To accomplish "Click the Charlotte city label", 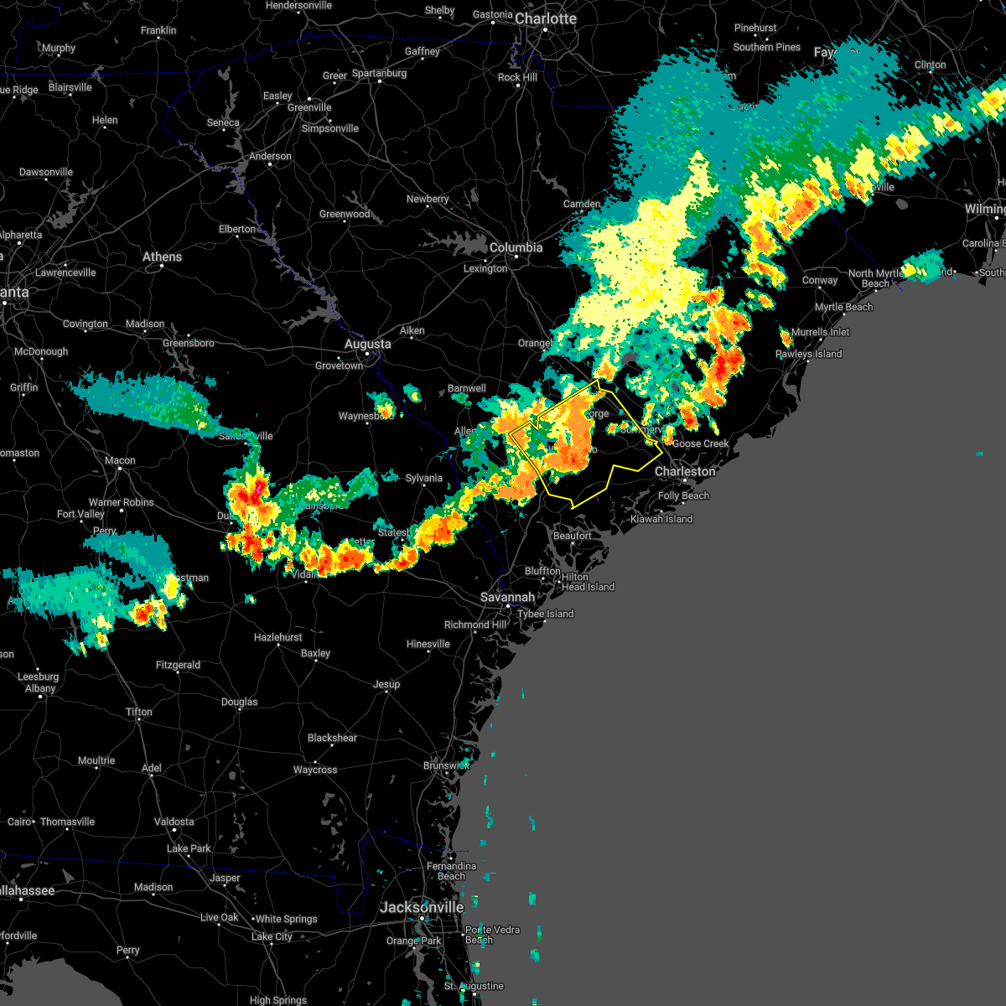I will tap(546, 18).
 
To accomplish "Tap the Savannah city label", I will tap(507, 597).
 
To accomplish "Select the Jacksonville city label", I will tap(422, 907).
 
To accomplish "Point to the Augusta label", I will tap(368, 344).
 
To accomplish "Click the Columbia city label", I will tap(516, 247).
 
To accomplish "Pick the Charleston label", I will tap(685, 471).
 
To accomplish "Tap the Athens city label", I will tap(162, 257).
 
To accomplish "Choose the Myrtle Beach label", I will tap(843, 307).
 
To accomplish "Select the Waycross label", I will tap(315, 770).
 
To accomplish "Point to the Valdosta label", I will tap(174, 822).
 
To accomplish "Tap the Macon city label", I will tap(120, 460).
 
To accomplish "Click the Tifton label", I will tap(139, 712).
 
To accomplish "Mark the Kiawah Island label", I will tap(661, 519).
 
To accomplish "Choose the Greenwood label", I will tap(345, 214).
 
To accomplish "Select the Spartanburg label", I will tap(379, 73).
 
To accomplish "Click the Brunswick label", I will tap(446, 765).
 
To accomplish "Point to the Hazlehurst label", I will tap(278, 637).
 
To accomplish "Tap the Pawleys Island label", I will tap(808, 354).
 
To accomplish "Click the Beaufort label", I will tap(573, 536).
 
